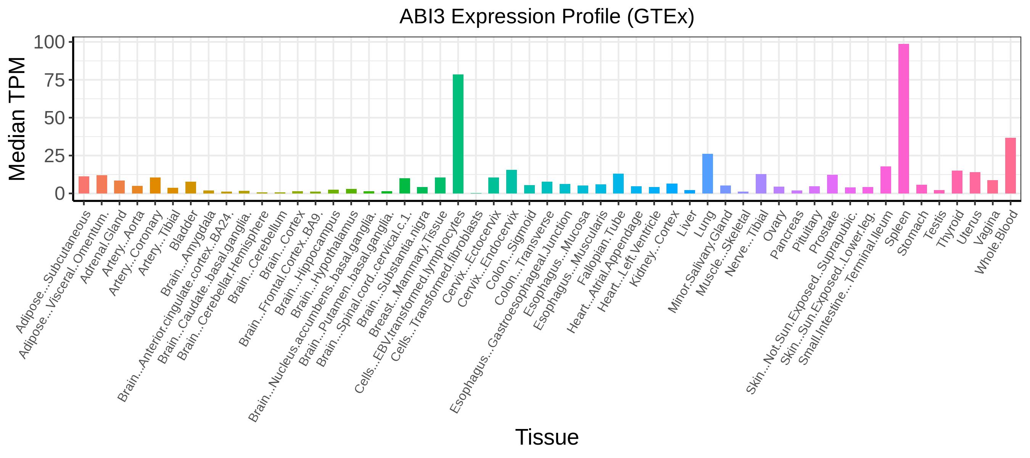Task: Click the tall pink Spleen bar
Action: pyautogui.click(x=904, y=118)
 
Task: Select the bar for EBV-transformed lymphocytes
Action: pyautogui.click(x=458, y=134)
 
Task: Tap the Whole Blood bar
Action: pyautogui.click(x=1011, y=166)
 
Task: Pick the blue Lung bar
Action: pyautogui.click(x=708, y=174)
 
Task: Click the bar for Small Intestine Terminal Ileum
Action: pyautogui.click(x=886, y=180)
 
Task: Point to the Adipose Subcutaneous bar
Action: pyautogui.click(x=84, y=185)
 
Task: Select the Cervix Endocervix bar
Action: pyautogui.click(x=512, y=182)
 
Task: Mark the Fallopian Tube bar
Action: pyautogui.click(x=618, y=184)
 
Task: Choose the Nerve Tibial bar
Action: pyautogui.click(x=761, y=184)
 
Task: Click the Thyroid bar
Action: pyautogui.click(x=957, y=182)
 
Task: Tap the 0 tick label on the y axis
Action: pyautogui.click(x=60, y=194)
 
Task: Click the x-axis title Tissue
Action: pyautogui.click(x=547, y=437)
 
